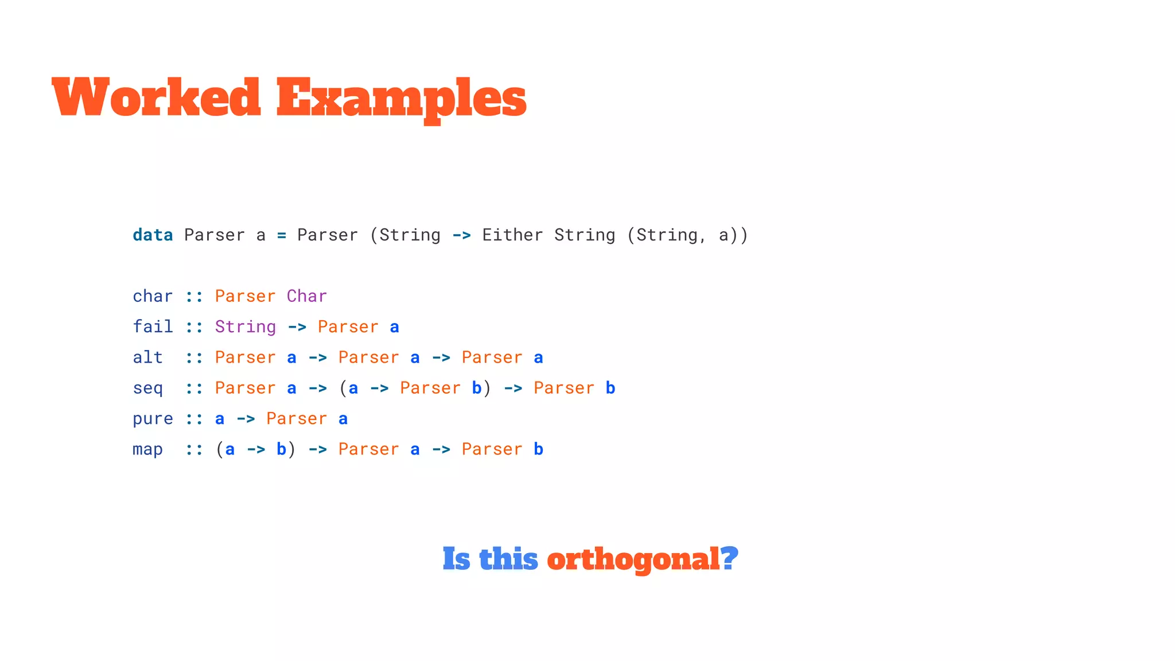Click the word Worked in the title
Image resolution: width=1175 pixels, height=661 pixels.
pyautogui.click(x=156, y=97)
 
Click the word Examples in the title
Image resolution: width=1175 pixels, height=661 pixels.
pyautogui.click(x=401, y=99)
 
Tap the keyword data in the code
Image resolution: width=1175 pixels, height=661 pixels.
pyautogui.click(x=153, y=235)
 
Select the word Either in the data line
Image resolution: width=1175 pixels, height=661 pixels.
pyautogui.click(x=512, y=235)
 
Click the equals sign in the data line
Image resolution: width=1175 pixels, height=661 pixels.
pyautogui.click(x=281, y=235)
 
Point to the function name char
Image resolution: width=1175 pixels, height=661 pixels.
pyautogui.click(x=153, y=296)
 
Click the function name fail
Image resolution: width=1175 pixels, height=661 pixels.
pyautogui.click(x=153, y=327)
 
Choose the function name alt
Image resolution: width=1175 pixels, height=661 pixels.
pyautogui.click(x=147, y=357)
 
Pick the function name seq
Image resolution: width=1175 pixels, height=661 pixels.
pyautogui.click(x=147, y=388)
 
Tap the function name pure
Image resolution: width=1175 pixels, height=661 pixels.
pyautogui.click(x=153, y=419)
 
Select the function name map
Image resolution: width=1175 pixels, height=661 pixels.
pyautogui.click(x=147, y=449)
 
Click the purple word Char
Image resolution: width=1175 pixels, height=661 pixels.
pyautogui.click(x=307, y=296)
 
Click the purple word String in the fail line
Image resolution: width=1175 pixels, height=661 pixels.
pyautogui.click(x=246, y=327)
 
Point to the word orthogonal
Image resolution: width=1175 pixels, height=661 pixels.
pyautogui.click(x=633, y=559)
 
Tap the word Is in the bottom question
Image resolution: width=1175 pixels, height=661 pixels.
pyautogui.click(x=457, y=559)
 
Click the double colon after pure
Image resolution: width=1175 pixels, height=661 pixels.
pyautogui.click(x=194, y=419)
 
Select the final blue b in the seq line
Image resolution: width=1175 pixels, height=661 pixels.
pyautogui.click(x=610, y=388)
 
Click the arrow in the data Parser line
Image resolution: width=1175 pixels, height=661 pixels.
pyautogui.click(x=461, y=235)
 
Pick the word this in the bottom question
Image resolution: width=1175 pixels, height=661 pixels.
pyautogui.click(x=508, y=559)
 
